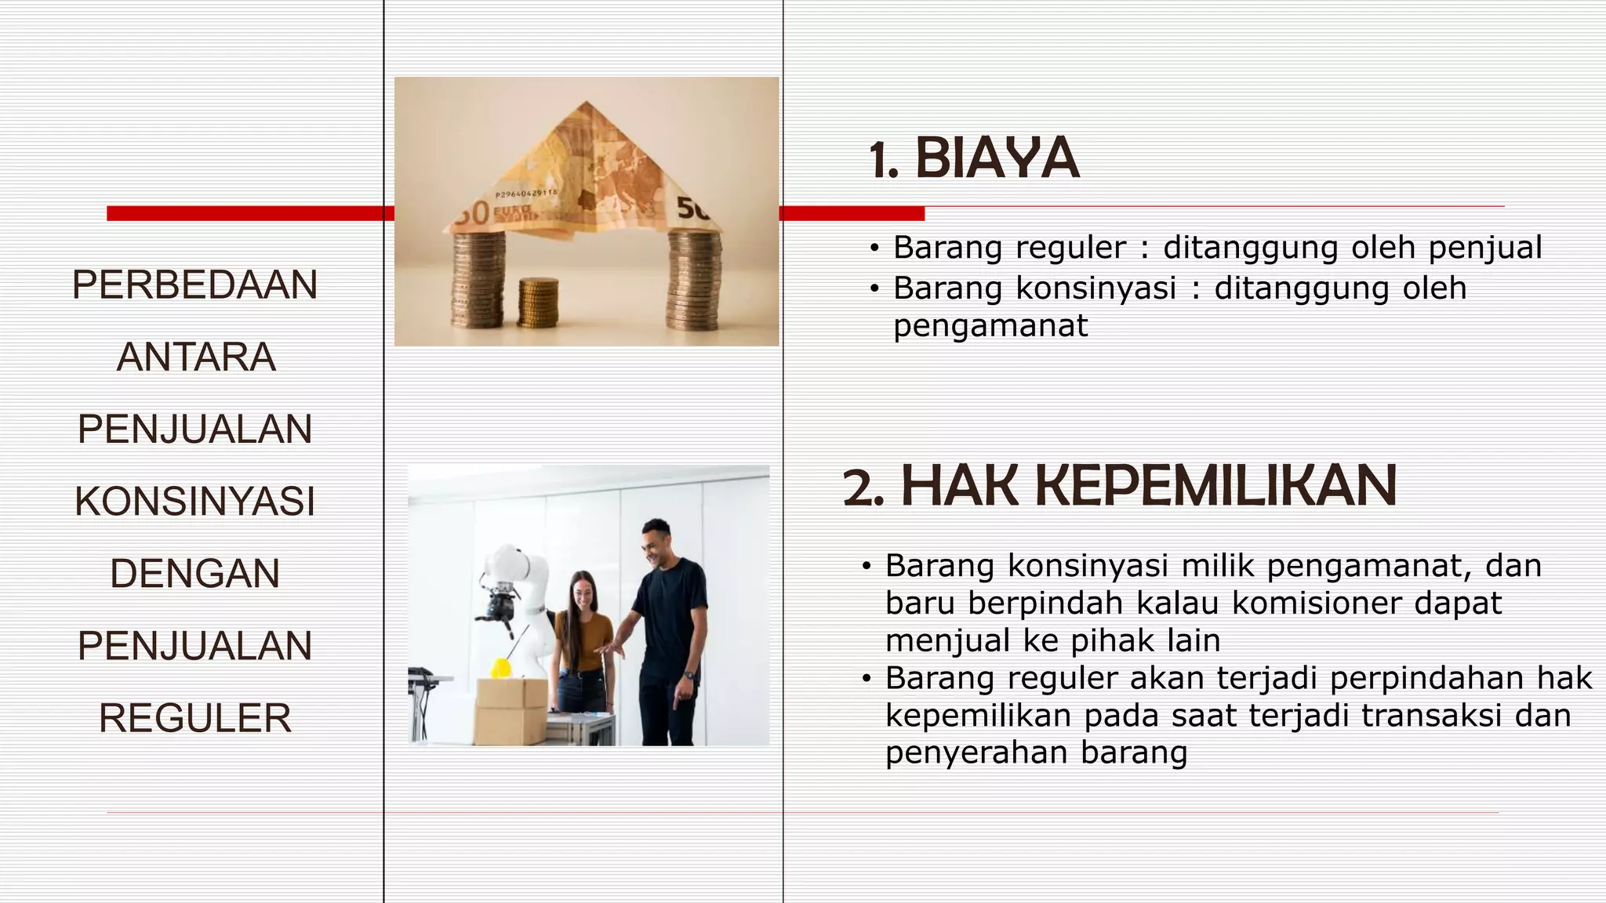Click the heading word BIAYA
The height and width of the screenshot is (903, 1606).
coord(997,159)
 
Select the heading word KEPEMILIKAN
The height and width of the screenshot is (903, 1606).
coord(1149,487)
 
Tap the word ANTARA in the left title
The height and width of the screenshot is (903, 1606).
coord(196,357)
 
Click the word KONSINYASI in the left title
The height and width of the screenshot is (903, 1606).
coord(195,502)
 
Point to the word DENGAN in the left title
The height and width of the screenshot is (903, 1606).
coord(195,574)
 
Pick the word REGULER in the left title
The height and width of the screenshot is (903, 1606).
coord(195,718)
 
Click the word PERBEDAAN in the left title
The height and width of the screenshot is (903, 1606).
coord(195,285)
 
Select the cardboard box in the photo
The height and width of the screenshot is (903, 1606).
coord(511,710)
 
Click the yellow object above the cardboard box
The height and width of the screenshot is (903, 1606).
coord(500,668)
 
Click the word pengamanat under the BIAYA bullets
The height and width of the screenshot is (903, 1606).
coord(990,326)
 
